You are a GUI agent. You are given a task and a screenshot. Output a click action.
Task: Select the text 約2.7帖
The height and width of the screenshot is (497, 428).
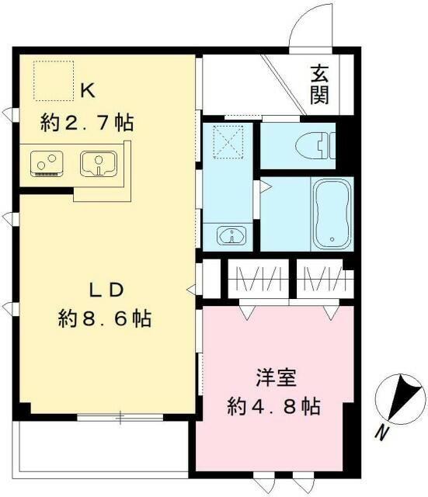point(86,122)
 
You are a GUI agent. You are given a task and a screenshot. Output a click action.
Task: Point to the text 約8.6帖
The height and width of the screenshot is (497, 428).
point(104,318)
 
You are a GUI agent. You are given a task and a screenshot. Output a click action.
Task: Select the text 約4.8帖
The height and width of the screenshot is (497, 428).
point(274,405)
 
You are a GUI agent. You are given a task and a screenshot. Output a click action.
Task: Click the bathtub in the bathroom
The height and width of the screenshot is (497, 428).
point(332,213)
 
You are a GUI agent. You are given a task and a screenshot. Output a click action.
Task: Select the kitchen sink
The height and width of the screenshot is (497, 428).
point(98,164)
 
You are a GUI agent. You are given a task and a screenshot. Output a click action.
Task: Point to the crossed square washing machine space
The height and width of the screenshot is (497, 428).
point(228,141)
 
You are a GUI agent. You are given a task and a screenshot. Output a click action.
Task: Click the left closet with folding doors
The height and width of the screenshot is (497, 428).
point(256,278)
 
